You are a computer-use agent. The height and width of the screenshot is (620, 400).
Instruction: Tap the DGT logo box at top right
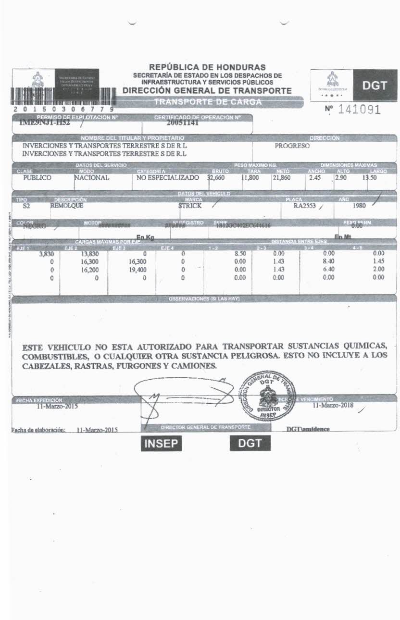click(x=375, y=86)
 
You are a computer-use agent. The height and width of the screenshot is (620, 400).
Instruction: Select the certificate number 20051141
click(x=186, y=123)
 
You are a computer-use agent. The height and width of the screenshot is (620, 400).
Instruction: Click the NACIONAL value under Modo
click(x=92, y=177)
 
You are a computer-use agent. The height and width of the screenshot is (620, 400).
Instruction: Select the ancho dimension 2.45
click(x=314, y=177)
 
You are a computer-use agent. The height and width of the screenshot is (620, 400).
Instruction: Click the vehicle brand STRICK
click(x=190, y=206)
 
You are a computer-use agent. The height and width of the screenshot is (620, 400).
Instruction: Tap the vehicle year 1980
click(x=359, y=206)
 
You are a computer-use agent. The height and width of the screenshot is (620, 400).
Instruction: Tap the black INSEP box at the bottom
click(x=162, y=444)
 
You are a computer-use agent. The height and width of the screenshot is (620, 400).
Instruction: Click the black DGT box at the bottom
click(x=250, y=444)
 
